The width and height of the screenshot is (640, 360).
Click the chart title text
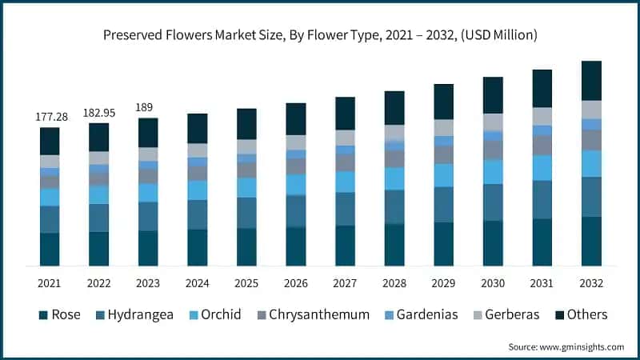click(x=319, y=35)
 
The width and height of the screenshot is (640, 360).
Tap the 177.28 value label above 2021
click(x=50, y=117)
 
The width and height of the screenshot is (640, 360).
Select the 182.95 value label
click(x=99, y=113)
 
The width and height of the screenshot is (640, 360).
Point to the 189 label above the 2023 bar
click(x=144, y=107)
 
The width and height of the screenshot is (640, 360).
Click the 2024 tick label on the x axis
click(x=198, y=283)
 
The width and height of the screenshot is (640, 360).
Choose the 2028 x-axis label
click(x=394, y=283)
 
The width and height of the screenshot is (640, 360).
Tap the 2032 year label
click(x=591, y=283)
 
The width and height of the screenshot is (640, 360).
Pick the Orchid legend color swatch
click(x=195, y=314)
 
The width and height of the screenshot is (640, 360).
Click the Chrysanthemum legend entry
click(x=318, y=314)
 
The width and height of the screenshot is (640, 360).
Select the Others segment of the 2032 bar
click(x=591, y=80)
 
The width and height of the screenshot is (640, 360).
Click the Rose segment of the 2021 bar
click(x=50, y=249)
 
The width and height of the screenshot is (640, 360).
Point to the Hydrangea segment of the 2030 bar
click(x=493, y=202)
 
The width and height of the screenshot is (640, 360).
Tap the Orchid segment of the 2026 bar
click(x=296, y=185)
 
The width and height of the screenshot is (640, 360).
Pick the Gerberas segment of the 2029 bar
click(x=443, y=128)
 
